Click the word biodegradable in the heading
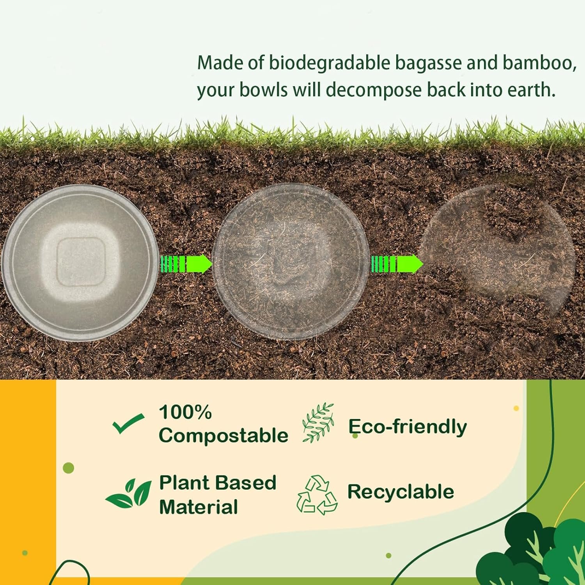(x=330, y=63)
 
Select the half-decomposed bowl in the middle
(x=291, y=262)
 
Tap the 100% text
(x=185, y=412)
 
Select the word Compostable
(x=223, y=435)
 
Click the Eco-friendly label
(x=407, y=426)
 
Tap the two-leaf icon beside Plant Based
(x=129, y=493)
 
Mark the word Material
(x=198, y=507)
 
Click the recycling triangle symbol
(x=317, y=495)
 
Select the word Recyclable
(x=401, y=492)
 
